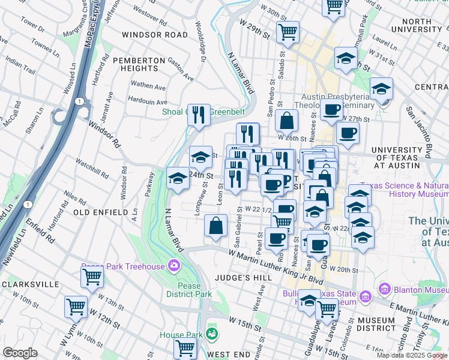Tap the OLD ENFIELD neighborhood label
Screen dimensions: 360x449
tap(101, 212)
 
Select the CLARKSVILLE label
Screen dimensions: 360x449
tap(30, 284)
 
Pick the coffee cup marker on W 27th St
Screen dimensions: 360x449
tap(331, 110)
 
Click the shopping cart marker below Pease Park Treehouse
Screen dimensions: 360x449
tap(92, 277)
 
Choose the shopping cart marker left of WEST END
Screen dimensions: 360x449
tap(185, 347)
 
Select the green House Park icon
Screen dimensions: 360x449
tap(211, 333)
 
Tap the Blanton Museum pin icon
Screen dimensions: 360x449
tap(384, 290)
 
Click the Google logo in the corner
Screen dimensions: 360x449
tap(20, 353)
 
